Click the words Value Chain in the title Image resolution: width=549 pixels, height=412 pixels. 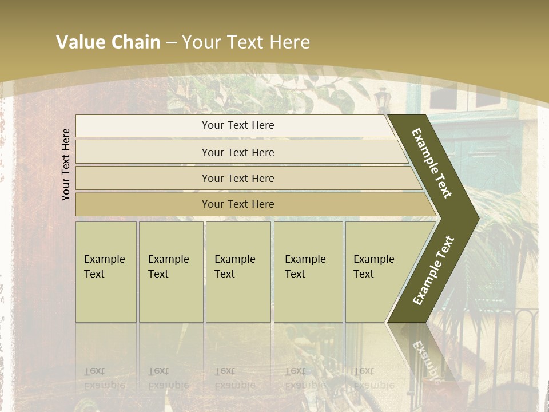click(x=108, y=42)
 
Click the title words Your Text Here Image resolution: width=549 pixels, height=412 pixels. click(x=246, y=42)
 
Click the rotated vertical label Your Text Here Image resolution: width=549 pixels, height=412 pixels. click(x=66, y=165)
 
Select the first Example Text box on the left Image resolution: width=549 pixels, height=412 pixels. click(x=106, y=272)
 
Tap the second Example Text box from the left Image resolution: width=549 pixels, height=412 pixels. click(x=170, y=272)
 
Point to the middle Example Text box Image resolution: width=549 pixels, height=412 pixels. click(x=238, y=272)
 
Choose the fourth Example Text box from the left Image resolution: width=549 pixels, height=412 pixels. click(x=308, y=272)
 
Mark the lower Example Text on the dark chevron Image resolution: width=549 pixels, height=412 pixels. click(x=433, y=270)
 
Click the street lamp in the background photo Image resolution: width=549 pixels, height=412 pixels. click(x=381, y=97)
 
